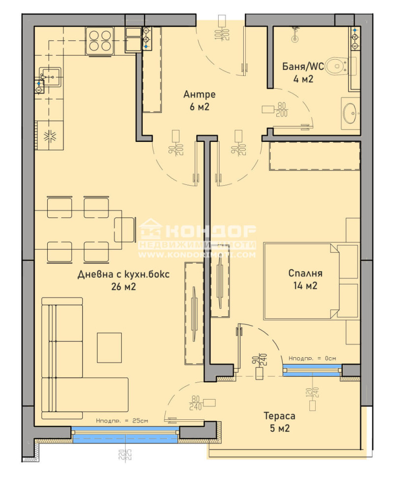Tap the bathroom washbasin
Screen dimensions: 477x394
[x=352, y=113]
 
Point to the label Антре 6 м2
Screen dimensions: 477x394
[x=199, y=101]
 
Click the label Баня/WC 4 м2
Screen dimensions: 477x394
[x=303, y=72]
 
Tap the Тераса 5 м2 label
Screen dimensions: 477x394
[x=279, y=422]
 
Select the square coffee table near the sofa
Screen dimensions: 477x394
[x=109, y=347]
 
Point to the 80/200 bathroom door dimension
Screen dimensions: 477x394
[x=282, y=109]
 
